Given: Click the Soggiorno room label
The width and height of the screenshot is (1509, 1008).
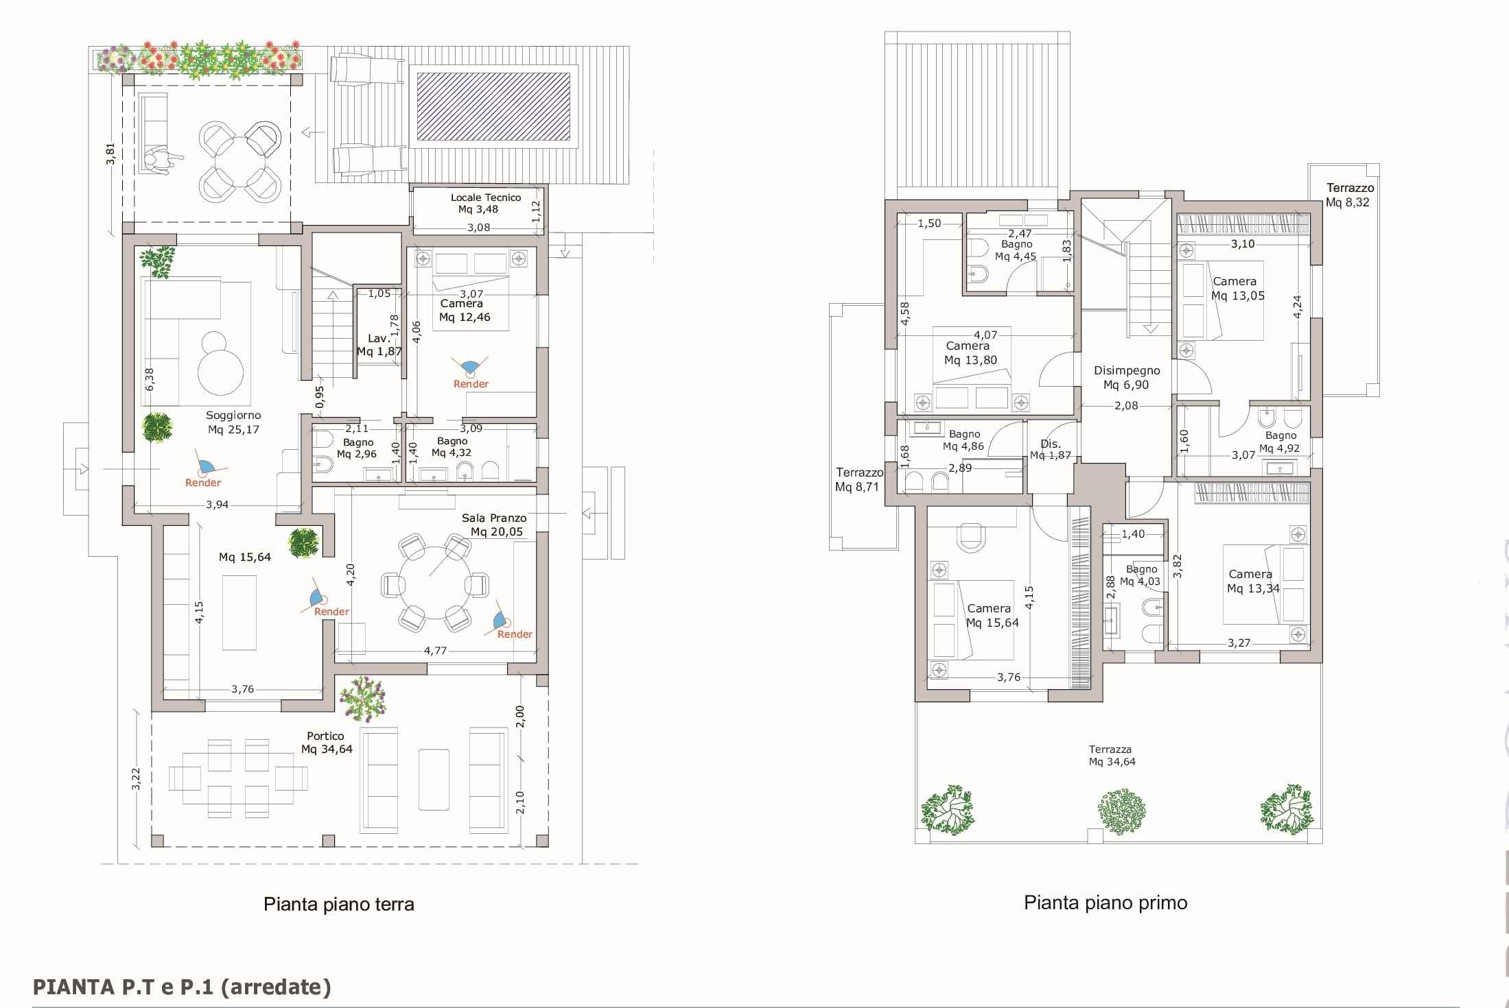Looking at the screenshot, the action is [233, 422].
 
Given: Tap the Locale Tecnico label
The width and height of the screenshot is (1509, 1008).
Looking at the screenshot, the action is [485, 203].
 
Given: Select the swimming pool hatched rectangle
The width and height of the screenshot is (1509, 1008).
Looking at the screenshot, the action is [493, 106].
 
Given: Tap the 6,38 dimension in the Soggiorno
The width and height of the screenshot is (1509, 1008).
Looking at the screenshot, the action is [150, 379].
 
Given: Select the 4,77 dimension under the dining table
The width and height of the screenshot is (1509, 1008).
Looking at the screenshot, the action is [435, 650].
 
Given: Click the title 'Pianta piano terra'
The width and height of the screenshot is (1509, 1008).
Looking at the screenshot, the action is [339, 904].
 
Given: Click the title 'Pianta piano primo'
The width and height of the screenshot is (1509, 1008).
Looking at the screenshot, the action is [1106, 902].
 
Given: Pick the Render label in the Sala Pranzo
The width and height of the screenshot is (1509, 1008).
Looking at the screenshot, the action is [515, 634].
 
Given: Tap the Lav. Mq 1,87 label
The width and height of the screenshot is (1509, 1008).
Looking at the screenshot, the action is [379, 345].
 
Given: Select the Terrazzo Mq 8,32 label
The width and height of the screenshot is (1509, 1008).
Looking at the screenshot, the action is [1350, 195].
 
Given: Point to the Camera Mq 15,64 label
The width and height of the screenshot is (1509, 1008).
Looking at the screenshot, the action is [992, 616].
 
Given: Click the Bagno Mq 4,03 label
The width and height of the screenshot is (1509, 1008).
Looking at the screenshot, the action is [1140, 575].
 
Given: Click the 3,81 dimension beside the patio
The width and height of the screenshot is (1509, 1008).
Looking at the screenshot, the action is [110, 154].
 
